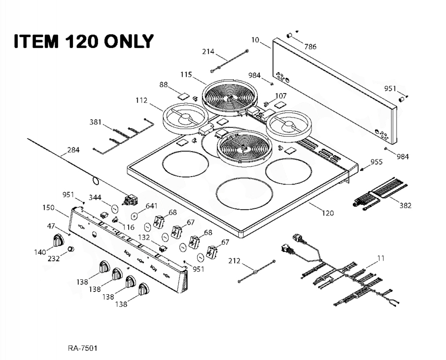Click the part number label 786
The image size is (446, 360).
point(311,47)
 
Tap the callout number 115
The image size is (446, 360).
point(186,74)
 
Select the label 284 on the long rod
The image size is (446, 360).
point(73,150)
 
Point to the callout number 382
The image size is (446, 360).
point(405,205)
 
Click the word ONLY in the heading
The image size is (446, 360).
point(128,41)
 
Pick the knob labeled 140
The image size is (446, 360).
point(58,240)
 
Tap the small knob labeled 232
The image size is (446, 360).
point(71,249)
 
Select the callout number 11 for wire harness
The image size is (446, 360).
point(380,258)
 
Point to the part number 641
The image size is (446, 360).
point(152,206)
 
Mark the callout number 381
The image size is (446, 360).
point(96,122)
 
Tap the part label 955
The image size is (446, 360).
point(376,162)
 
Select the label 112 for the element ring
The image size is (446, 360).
point(141,100)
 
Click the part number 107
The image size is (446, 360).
point(280,96)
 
